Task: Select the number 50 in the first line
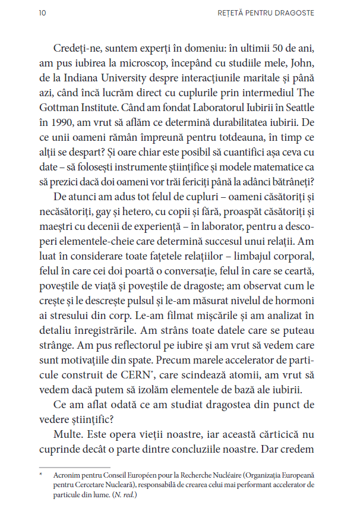click(280, 47)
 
